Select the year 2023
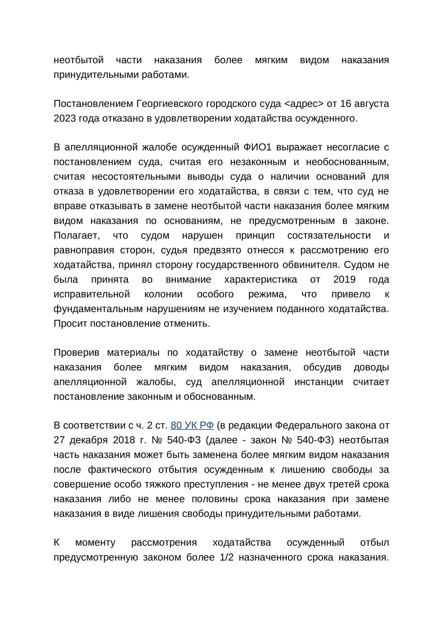point(65,118)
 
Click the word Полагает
point(77,235)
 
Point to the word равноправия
point(84,250)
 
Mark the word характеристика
point(261,279)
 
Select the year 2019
point(344,279)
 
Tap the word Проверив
point(76,353)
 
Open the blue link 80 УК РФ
point(192,425)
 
